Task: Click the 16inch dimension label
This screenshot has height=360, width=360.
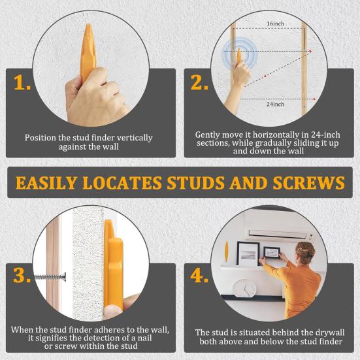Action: (275, 24)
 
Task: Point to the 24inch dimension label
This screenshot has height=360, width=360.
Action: (275, 104)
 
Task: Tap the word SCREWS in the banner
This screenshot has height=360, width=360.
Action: (309, 183)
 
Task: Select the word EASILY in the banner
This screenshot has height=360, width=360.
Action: (52, 183)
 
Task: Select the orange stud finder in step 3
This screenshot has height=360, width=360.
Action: (115, 268)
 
